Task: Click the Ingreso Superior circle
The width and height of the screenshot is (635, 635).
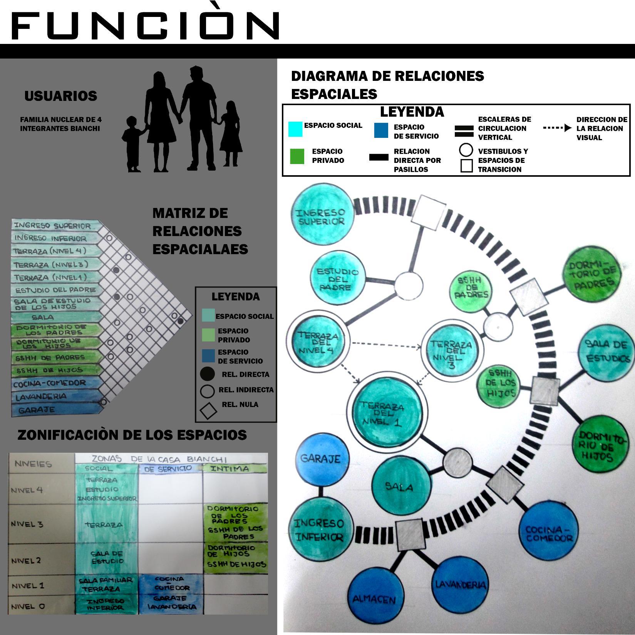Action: point(321,216)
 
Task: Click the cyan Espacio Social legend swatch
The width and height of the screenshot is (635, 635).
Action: point(295,129)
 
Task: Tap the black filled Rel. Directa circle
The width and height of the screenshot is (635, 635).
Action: point(208,374)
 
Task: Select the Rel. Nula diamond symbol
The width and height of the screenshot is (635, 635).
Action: point(208,410)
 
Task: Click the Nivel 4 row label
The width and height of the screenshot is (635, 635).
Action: point(27,490)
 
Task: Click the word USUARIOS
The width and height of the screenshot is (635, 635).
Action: point(60,96)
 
